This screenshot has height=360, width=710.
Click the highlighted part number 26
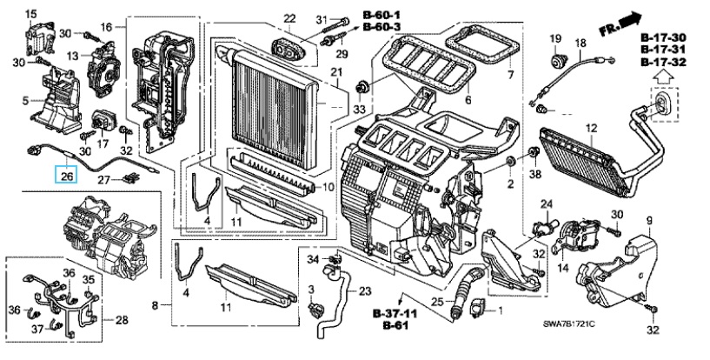click(x=66, y=175)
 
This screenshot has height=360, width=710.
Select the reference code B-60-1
click(x=382, y=16)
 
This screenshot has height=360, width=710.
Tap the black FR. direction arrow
click(x=630, y=20)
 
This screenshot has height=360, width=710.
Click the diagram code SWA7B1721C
click(x=569, y=324)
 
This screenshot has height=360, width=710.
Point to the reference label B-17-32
click(x=663, y=62)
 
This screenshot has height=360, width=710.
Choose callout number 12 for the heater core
click(x=591, y=129)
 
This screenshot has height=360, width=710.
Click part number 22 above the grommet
click(x=289, y=18)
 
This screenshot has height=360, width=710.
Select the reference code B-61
click(x=395, y=325)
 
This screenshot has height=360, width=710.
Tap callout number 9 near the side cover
click(x=649, y=221)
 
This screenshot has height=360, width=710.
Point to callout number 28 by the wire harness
click(x=122, y=320)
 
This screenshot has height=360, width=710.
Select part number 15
click(x=30, y=14)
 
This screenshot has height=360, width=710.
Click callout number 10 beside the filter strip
click(x=328, y=187)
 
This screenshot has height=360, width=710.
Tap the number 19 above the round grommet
click(x=555, y=38)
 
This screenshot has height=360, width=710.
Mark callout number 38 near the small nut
click(x=536, y=172)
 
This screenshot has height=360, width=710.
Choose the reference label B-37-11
click(x=395, y=313)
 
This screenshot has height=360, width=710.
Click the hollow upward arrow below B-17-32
click(x=662, y=75)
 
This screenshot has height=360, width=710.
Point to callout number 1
click(x=500, y=311)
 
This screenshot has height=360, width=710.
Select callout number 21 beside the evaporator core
click(x=336, y=72)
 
